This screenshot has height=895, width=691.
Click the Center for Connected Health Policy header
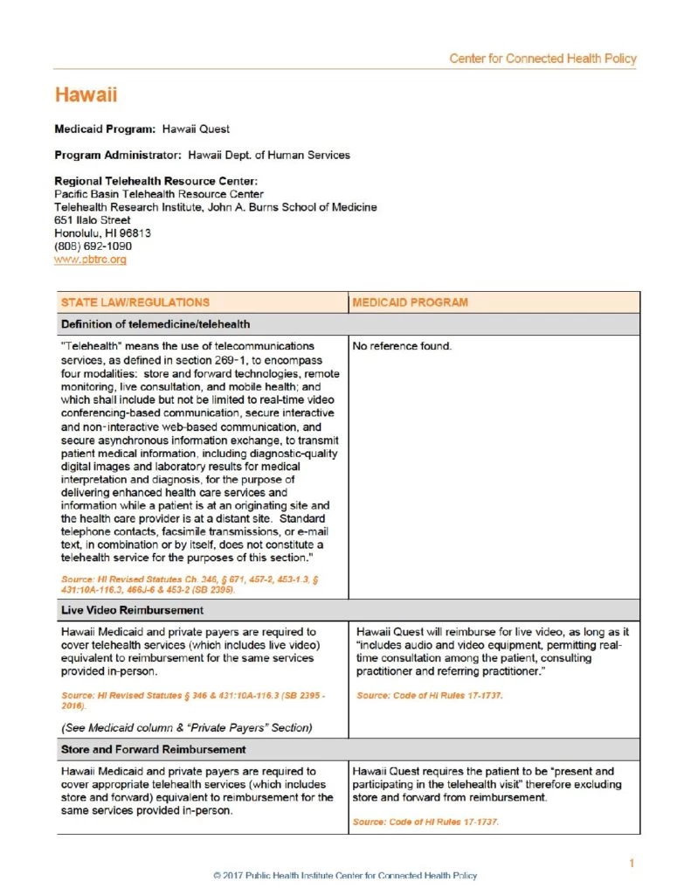pos(542,59)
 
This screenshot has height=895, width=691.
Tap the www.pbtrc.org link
pos(90,260)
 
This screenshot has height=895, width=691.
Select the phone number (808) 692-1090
pos(93,246)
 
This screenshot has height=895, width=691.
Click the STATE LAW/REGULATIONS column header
pos(135,302)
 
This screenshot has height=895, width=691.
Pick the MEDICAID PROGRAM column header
pos(410,302)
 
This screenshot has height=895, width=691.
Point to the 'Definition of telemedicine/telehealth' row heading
pos(155,324)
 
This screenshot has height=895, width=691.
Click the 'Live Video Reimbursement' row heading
pos(132,609)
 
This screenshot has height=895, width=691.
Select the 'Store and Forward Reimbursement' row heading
pos(153,750)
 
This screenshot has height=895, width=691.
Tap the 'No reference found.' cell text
pos(402,346)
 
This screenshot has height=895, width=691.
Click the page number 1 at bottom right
pos(631,864)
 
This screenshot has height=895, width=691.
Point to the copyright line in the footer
pos(345,875)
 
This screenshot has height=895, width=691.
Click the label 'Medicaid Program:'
pos(105,128)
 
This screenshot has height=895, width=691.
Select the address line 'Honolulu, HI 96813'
pos(102,233)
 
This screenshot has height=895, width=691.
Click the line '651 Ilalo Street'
pos(92,220)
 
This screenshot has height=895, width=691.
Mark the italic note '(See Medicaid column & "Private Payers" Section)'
pos(186,727)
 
